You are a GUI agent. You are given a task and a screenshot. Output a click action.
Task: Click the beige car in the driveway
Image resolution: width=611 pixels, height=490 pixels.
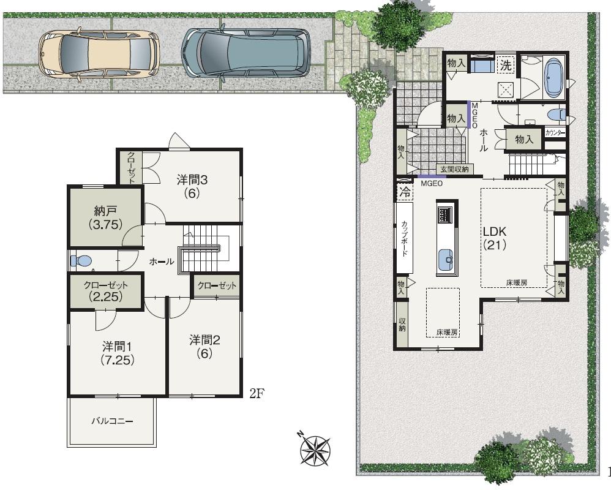tap(99, 54)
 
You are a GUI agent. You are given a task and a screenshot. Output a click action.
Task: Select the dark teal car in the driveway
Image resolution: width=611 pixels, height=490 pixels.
tap(246, 52)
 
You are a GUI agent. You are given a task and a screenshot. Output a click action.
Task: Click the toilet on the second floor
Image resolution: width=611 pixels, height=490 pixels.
tap(81, 261)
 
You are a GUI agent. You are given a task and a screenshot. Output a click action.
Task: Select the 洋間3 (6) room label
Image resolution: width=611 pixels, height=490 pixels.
tap(193, 186)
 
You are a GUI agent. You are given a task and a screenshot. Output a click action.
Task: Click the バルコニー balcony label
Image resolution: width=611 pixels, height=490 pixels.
tap(112, 421)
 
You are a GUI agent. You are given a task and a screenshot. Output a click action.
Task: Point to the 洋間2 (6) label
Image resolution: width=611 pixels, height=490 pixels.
tap(204, 346)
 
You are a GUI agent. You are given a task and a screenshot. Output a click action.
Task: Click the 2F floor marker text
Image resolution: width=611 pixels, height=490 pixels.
tap(257, 393)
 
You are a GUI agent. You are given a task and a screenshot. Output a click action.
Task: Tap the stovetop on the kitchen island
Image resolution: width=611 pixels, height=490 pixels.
tap(445, 214)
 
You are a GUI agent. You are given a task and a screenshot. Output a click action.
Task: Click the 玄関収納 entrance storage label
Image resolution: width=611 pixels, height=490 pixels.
tap(453, 169)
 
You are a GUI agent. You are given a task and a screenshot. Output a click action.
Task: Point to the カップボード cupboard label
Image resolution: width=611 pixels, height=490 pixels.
tap(405, 239)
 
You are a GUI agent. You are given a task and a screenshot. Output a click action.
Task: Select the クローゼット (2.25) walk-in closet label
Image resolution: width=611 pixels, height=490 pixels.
tap(106, 291)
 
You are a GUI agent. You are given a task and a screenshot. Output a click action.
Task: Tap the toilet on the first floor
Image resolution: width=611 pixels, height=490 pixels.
tap(556, 114)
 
